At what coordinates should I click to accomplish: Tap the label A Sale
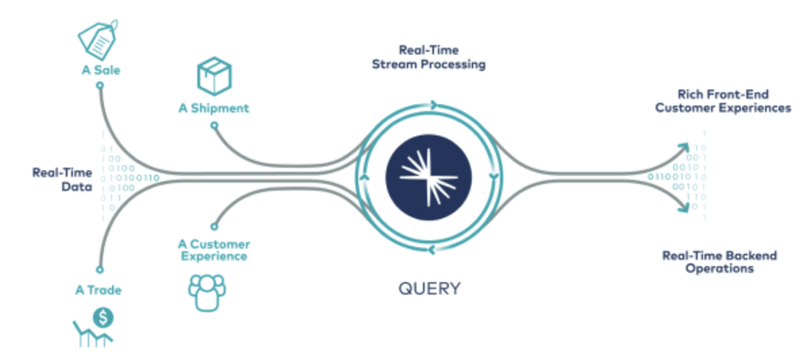(101, 70)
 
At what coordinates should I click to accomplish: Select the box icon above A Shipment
(215, 76)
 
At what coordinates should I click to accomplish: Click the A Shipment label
(214, 109)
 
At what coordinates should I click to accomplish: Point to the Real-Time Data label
(63, 179)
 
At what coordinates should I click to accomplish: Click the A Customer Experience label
(215, 250)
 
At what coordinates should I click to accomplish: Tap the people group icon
(207, 292)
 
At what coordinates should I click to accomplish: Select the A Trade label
(98, 289)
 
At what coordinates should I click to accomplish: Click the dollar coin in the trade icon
(103, 319)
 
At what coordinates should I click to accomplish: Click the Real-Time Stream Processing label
(429, 58)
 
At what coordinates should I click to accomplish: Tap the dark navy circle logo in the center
(429, 177)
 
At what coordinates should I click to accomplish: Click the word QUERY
(429, 289)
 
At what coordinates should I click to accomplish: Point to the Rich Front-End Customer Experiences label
(723, 102)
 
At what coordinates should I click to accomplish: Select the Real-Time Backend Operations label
(720, 262)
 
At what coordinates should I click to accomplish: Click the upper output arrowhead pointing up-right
(683, 148)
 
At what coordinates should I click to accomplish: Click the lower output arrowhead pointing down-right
(683, 207)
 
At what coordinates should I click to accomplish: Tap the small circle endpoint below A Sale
(100, 85)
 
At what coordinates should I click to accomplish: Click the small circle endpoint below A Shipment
(215, 125)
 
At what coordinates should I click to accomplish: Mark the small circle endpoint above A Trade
(100, 269)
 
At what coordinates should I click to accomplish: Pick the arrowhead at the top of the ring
(433, 105)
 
